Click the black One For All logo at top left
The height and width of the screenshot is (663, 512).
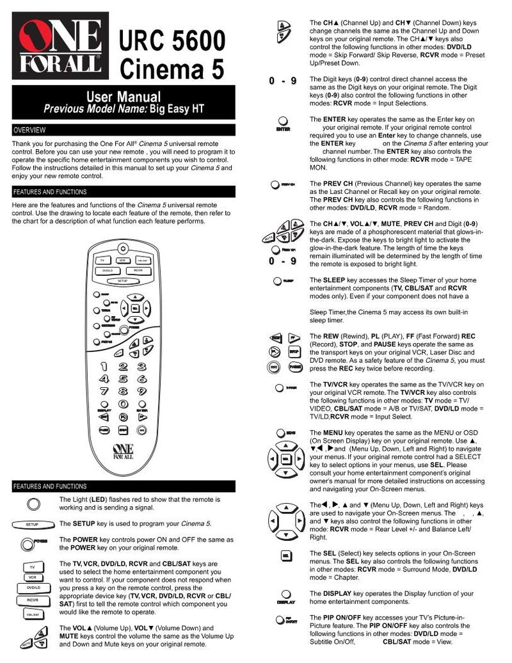(60, 45)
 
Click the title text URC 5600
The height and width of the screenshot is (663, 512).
(172, 43)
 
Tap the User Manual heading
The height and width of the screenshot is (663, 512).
(124, 97)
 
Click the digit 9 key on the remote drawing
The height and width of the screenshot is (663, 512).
(141, 391)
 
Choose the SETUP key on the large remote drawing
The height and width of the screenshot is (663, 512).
(122, 281)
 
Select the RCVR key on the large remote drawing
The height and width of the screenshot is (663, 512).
(138, 271)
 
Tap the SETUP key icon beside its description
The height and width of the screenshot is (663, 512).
(32, 524)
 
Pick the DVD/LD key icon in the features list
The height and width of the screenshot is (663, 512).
(33, 587)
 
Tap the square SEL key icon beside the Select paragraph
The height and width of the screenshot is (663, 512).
(285, 555)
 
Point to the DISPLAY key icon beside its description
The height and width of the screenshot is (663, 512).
(285, 595)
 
